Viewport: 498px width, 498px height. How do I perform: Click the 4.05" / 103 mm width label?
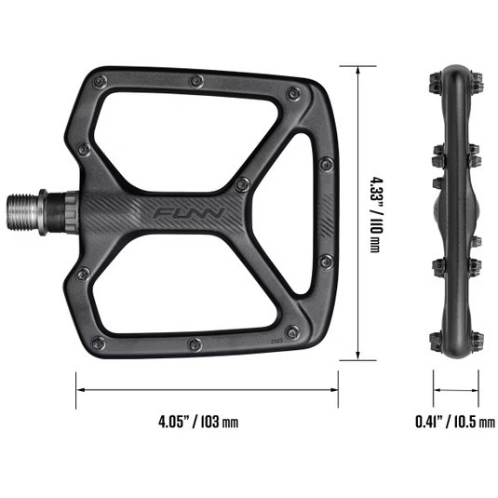(x=198, y=421)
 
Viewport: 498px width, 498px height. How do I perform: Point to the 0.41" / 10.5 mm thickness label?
(x=455, y=421)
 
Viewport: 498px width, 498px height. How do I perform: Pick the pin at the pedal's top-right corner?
(x=293, y=93)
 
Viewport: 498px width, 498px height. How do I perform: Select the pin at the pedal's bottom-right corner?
(x=293, y=330)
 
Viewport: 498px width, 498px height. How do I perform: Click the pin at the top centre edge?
(x=195, y=81)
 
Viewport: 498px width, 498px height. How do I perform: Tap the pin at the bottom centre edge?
(x=194, y=344)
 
